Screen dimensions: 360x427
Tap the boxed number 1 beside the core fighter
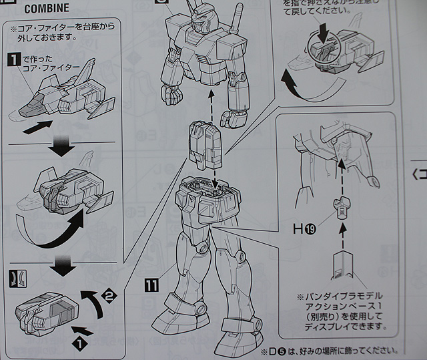pos(11,59)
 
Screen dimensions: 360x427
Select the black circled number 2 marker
pos(111,291)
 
